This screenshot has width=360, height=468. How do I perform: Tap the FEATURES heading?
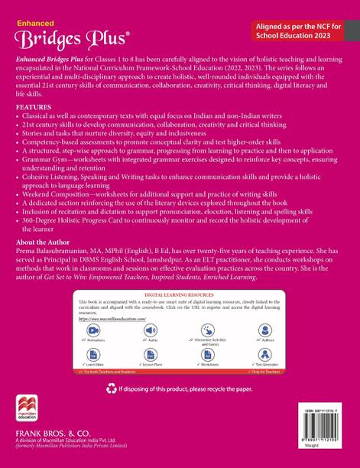pos(34,106)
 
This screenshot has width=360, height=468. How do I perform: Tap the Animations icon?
pos(93,330)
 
